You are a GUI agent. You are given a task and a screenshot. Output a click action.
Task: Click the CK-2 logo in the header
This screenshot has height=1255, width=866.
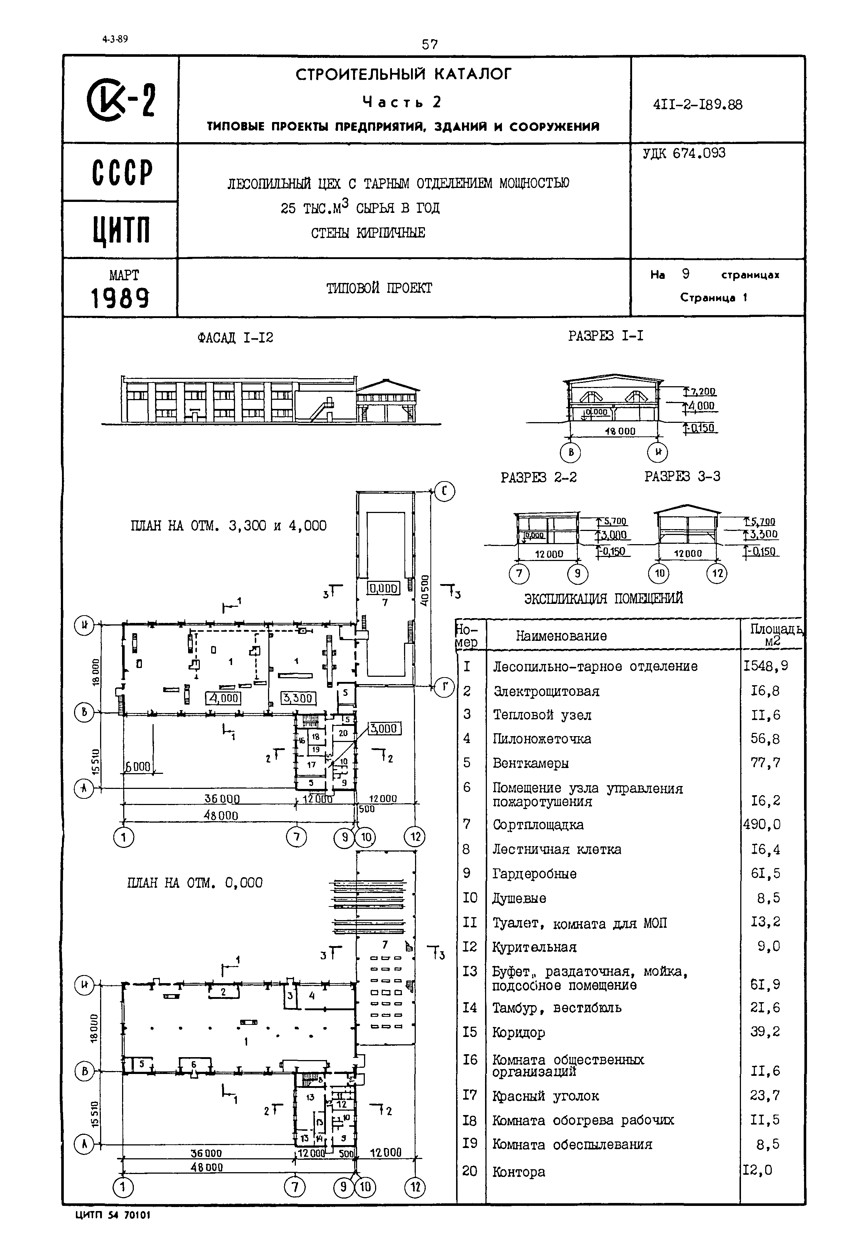pos(121,100)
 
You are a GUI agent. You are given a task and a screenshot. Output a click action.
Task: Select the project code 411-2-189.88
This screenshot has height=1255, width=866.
pos(697,104)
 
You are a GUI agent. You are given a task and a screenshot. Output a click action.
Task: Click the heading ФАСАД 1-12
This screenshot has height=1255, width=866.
pos(235,338)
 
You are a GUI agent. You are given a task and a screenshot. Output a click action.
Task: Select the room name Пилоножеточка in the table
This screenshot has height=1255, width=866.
pos(542,739)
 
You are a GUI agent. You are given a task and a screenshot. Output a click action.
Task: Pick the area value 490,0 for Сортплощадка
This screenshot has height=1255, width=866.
pos(762,824)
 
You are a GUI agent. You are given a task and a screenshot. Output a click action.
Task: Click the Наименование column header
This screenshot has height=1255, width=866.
pos(561,636)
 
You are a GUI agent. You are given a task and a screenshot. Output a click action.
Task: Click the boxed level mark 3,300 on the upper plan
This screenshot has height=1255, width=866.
pos(297,698)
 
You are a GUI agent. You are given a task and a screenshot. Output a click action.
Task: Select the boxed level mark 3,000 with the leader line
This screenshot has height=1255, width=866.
pos(384,728)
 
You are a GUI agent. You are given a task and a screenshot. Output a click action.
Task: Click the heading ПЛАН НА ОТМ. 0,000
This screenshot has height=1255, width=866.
pos(194,883)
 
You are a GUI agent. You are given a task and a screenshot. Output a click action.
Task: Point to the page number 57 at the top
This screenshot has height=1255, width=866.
pos(429,44)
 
